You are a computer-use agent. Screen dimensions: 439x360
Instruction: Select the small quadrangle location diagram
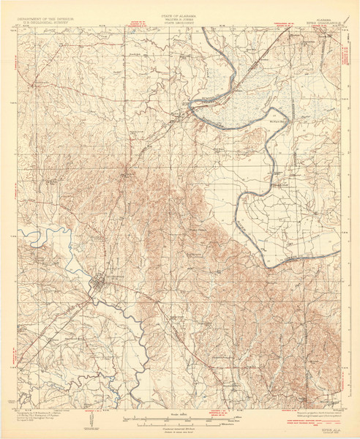pos(89,420)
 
